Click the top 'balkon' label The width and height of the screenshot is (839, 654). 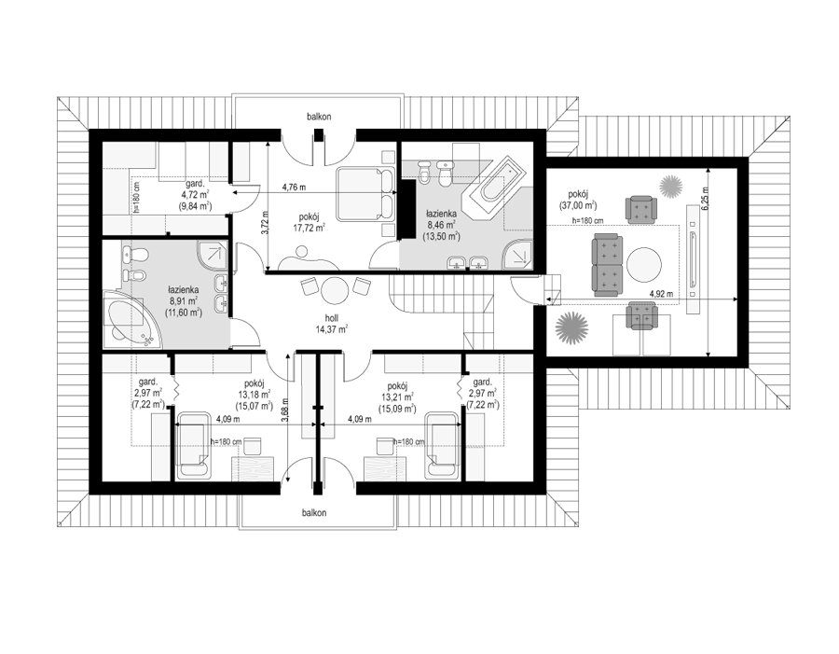[x=319, y=117]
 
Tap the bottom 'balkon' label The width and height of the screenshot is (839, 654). [x=314, y=512]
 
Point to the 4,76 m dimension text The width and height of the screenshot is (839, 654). [x=294, y=187]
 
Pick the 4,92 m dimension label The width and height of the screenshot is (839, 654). [x=661, y=294]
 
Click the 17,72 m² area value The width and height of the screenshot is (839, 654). [x=309, y=229]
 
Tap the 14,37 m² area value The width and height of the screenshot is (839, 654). [x=331, y=329]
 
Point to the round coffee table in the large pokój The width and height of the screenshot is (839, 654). [x=643, y=264]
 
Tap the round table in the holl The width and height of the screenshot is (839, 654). [x=335, y=291]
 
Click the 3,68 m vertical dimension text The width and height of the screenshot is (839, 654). [x=286, y=410]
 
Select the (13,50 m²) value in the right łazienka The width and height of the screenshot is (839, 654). [x=442, y=236]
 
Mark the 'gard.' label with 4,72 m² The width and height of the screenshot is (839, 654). [x=193, y=183]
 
